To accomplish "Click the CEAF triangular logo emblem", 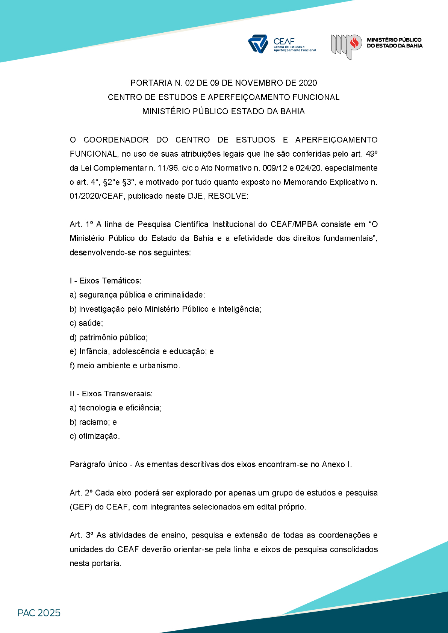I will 258,44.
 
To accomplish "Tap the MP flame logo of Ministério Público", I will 346,46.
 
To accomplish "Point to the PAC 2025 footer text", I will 39,613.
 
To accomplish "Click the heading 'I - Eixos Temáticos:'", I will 106,281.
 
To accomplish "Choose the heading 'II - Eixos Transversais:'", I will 111,394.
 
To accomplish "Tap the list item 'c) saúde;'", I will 86,323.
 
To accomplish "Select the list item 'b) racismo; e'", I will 93,422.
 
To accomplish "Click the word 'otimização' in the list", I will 98,436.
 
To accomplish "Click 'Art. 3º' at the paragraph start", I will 82,535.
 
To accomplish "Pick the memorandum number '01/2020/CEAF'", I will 97,196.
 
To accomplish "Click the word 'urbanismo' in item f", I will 159,366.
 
